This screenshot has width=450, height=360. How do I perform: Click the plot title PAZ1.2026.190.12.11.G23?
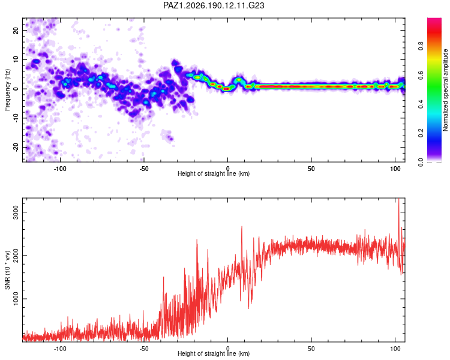(214, 5)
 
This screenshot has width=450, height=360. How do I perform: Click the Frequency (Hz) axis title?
(7, 90)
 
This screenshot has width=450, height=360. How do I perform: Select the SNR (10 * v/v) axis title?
(7, 270)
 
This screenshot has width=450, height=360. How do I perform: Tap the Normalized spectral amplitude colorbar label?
(445, 90)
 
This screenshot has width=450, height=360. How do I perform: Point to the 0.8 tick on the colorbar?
(421, 46)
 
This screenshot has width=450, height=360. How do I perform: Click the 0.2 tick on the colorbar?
(421, 133)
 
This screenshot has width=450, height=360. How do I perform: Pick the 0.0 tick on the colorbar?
(421, 162)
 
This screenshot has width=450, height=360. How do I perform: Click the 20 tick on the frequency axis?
(16, 31)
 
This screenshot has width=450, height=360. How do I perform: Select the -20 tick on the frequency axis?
(16, 148)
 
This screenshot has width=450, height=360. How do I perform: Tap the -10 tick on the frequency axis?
(16, 118)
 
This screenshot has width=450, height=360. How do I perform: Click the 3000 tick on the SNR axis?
(16, 212)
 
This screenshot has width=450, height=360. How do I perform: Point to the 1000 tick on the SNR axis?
(16, 299)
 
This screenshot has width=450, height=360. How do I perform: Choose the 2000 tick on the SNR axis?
(16, 256)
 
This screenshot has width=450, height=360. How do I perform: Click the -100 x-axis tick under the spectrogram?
(60, 169)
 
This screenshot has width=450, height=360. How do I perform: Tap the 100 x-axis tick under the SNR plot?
(395, 349)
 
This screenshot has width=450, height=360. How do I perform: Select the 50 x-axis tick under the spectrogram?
(311, 169)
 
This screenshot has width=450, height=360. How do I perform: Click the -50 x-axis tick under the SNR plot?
(144, 349)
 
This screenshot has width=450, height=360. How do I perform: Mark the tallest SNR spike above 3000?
(398, 199)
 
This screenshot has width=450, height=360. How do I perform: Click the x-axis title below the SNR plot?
(214, 353)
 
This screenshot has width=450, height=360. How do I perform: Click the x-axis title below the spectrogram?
(214, 173)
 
